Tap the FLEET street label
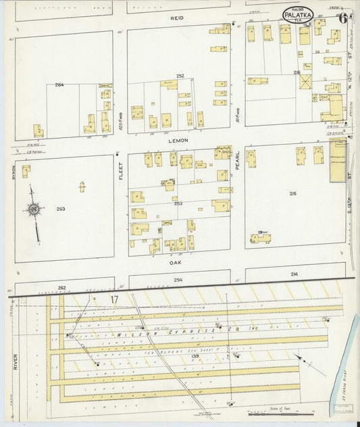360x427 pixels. coord(121,172)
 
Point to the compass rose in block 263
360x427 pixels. coord(34,211)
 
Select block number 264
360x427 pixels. coord(59,85)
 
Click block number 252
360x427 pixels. coord(180,76)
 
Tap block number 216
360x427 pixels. coord(297,72)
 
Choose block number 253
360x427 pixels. coord(178,203)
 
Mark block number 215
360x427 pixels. coord(292,194)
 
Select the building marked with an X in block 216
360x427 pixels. coord(305,82)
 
